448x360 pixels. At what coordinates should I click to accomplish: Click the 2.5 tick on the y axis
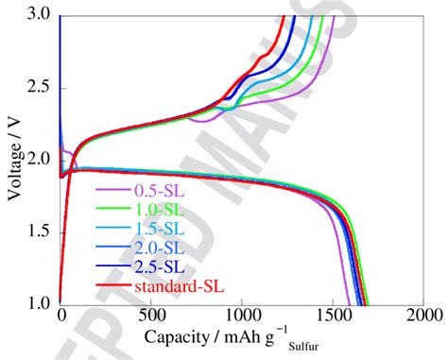(x=41, y=88)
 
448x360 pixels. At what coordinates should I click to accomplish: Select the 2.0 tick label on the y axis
(x=41, y=160)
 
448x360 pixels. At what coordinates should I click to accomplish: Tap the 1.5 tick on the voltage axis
(x=41, y=231)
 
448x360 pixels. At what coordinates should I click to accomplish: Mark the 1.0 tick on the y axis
(x=41, y=303)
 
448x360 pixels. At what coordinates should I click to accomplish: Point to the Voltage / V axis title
(x=12, y=156)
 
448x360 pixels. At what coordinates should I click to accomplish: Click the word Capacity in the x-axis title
(x=178, y=336)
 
